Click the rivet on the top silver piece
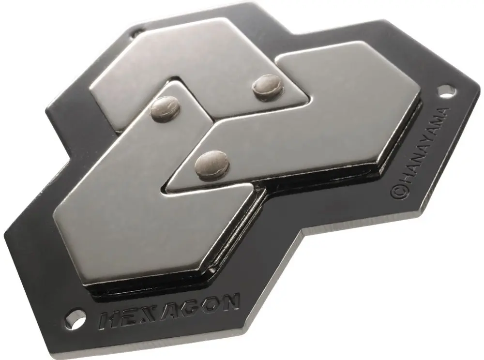click(268, 87)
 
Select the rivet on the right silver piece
click(211, 163)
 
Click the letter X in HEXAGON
click(147, 314)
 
